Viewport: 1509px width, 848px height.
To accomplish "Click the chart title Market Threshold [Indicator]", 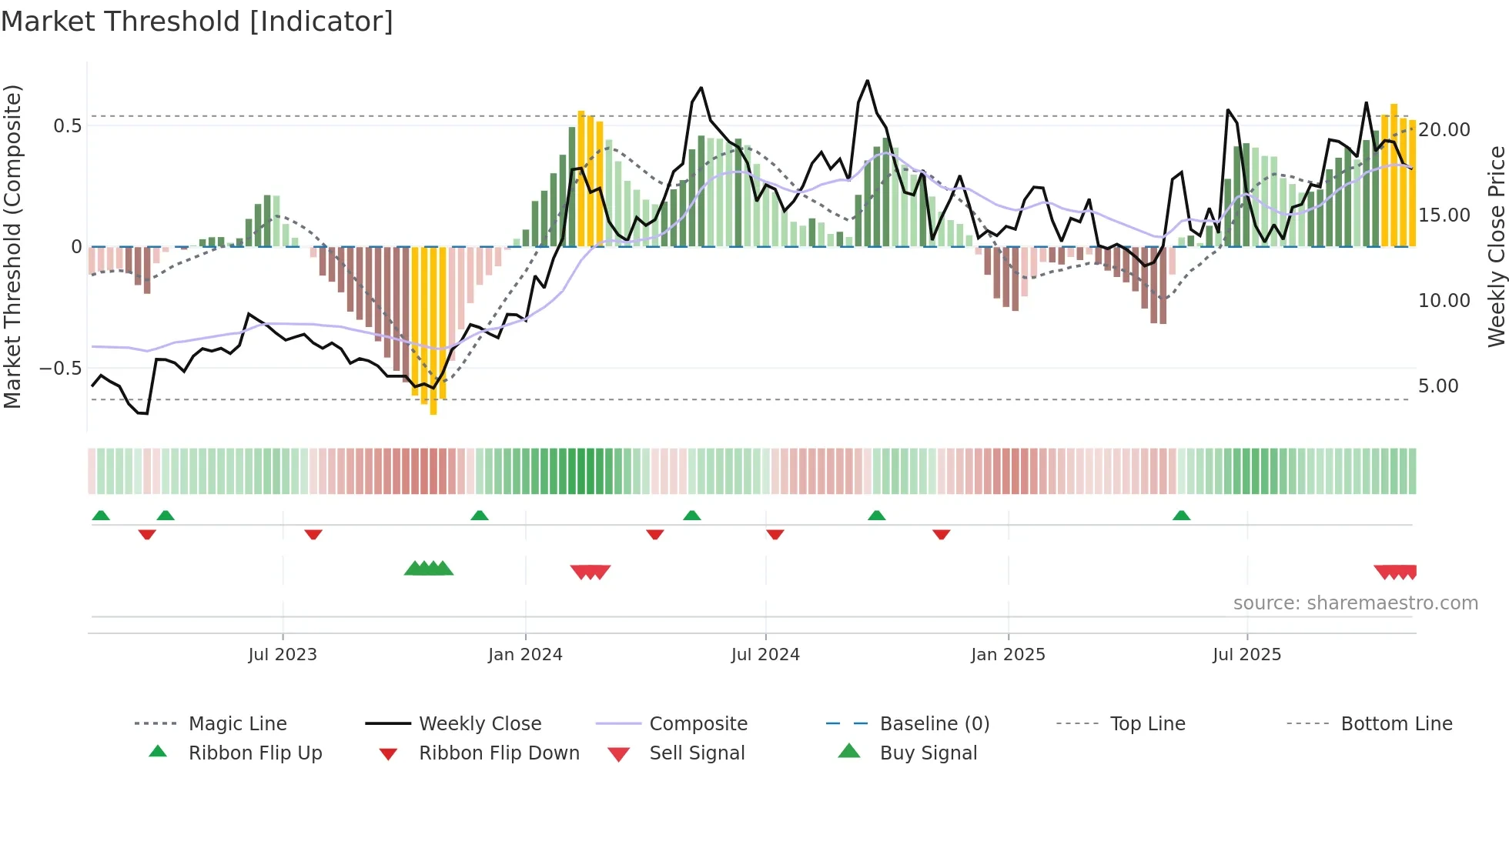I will click(197, 22).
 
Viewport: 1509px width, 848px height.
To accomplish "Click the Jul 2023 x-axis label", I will click(283, 655).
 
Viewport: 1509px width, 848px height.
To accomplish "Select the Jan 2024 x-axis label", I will click(525, 655).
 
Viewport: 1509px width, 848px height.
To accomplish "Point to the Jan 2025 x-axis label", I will click(1008, 655).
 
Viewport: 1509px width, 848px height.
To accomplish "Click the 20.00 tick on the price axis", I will click(1444, 130).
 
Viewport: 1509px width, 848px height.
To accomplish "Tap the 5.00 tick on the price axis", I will click(1438, 386).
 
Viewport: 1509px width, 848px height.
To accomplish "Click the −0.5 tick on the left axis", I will click(61, 369).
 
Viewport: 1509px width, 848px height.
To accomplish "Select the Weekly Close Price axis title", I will click(1496, 246).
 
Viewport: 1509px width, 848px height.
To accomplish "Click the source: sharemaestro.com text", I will click(1355, 603).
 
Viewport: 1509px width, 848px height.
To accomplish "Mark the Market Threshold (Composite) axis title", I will click(13, 246).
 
